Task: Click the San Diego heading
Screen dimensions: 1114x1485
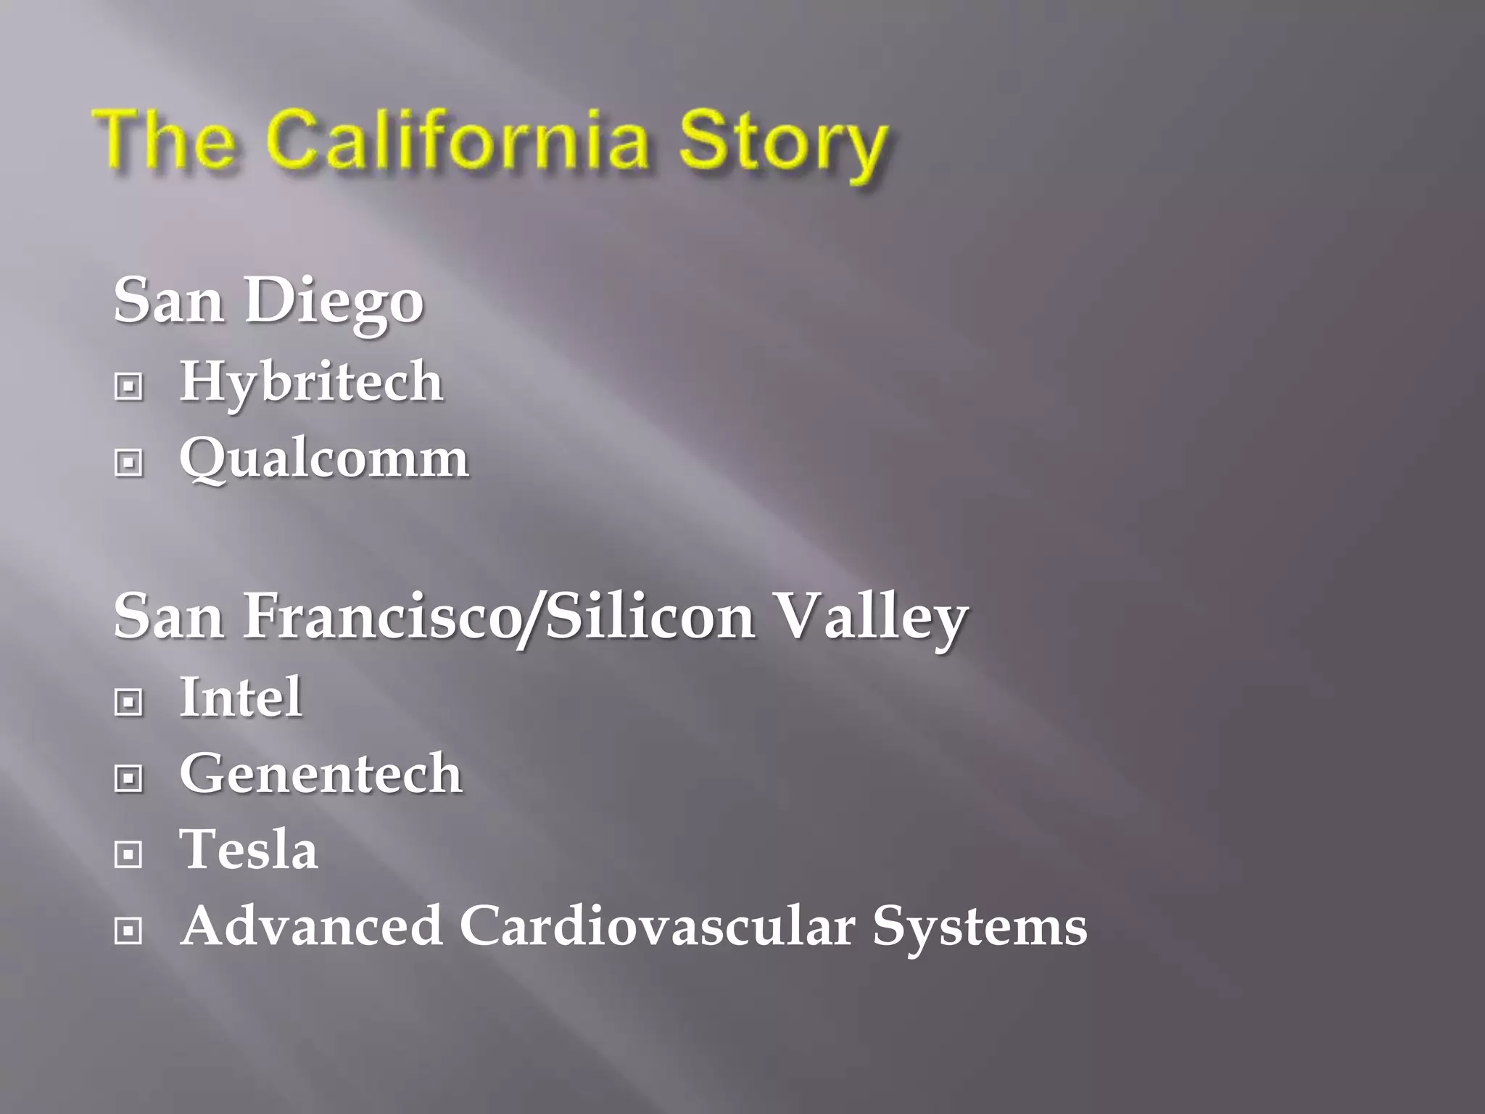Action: tap(268, 301)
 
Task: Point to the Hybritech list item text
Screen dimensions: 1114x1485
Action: tap(311, 381)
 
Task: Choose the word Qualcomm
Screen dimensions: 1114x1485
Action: tap(324, 458)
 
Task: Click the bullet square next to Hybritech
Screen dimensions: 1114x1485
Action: tap(129, 387)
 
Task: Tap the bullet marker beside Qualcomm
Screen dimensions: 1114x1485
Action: tap(129, 463)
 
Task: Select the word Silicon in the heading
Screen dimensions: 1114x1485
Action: tap(650, 616)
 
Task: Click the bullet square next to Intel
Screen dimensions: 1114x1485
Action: tap(129, 701)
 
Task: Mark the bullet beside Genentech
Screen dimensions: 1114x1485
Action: tap(129, 778)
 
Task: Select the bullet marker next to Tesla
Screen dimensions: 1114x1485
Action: tap(129, 854)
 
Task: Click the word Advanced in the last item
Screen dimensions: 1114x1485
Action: tap(312, 926)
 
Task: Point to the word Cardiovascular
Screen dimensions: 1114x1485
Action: tap(657, 926)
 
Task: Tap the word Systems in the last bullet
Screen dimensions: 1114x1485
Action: tap(980, 928)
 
